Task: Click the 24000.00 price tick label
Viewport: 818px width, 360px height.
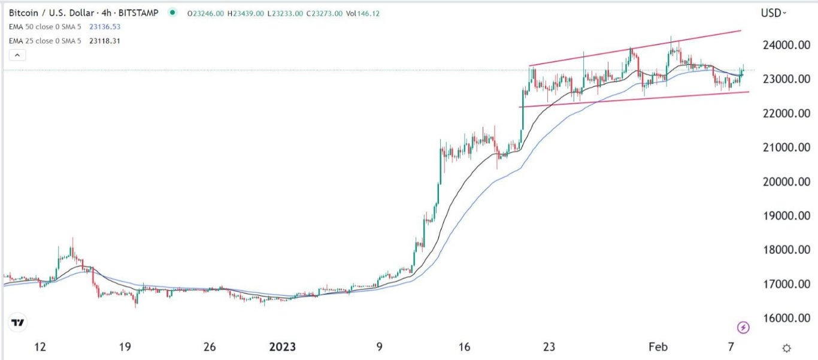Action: (781, 46)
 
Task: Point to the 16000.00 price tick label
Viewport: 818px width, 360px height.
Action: (781, 318)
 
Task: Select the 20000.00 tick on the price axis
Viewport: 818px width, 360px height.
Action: (781, 181)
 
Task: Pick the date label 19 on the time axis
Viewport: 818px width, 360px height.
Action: (125, 347)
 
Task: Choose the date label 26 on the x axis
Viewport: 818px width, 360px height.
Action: (209, 347)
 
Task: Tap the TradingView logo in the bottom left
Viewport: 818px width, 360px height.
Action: (18, 323)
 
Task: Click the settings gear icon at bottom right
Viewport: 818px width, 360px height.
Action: (787, 348)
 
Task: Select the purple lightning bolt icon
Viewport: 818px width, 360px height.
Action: (743, 327)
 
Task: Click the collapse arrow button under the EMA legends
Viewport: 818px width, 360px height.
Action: (17, 56)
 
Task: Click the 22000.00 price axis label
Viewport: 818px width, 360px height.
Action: (781, 114)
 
